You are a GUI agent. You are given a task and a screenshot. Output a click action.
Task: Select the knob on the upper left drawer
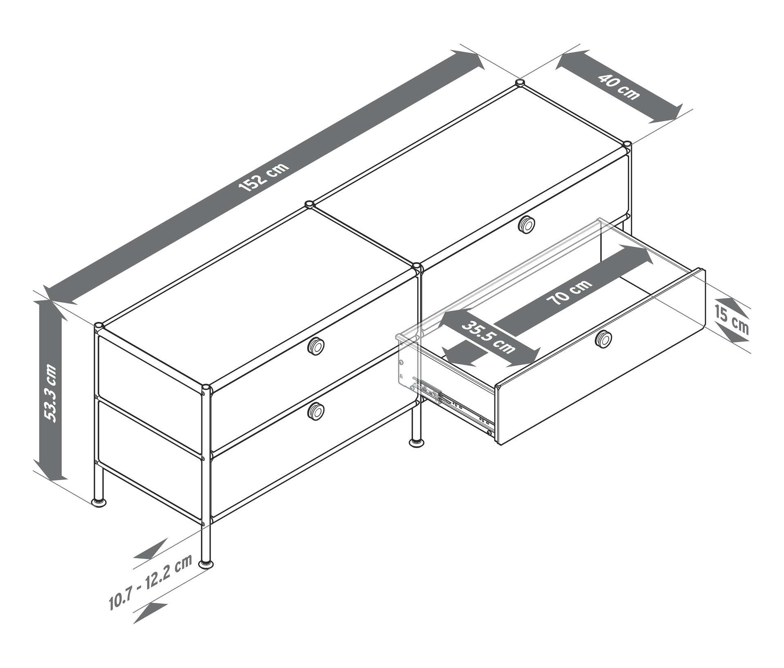(316, 346)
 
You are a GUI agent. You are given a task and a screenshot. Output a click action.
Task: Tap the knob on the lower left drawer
(316, 410)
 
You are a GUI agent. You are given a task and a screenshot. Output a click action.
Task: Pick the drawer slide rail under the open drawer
(454, 404)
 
